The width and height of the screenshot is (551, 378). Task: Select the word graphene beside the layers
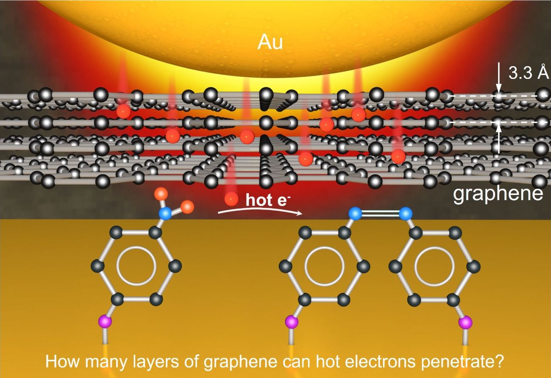pos(498,194)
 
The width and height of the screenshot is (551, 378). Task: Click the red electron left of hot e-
pos(231,198)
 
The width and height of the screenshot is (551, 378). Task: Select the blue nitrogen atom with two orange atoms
pos(165,214)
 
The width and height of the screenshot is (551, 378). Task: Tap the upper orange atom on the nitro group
pos(161,193)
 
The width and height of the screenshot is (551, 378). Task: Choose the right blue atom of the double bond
pos(406,213)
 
